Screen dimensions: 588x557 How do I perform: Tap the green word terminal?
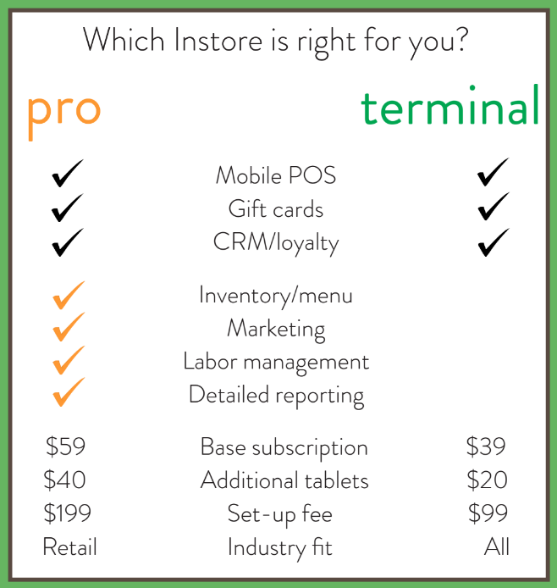pyautogui.click(x=449, y=108)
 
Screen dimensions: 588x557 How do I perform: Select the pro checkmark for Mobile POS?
pyautogui.click(x=68, y=175)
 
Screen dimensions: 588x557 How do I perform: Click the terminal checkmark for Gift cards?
pyautogui.click(x=493, y=207)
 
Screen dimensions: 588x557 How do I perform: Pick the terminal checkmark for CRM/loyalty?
pyautogui.click(x=493, y=241)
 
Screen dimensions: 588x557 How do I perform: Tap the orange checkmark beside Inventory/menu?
pyautogui.click(x=69, y=295)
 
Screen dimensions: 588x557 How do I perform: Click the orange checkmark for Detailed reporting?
pyautogui.click(x=69, y=393)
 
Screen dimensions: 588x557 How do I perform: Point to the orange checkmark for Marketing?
pyautogui.click(x=69, y=327)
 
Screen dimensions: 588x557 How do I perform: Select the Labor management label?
pyautogui.click(x=276, y=362)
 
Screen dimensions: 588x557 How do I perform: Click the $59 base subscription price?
pyautogui.click(x=66, y=447)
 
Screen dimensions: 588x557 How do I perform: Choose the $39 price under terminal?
pyautogui.click(x=486, y=447)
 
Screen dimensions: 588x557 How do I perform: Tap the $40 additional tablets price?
pyautogui.click(x=65, y=480)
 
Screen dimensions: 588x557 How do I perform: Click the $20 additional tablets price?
pyautogui.click(x=487, y=480)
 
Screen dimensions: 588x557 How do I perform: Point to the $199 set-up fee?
pyautogui.click(x=68, y=513)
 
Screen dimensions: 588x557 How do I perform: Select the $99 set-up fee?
pyautogui.click(x=487, y=513)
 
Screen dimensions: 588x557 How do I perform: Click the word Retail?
pyautogui.click(x=69, y=547)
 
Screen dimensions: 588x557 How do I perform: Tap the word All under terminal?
pyautogui.click(x=497, y=547)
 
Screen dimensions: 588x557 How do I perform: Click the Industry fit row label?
pyautogui.click(x=279, y=547)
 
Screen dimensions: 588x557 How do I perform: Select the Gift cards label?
pyautogui.click(x=276, y=208)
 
